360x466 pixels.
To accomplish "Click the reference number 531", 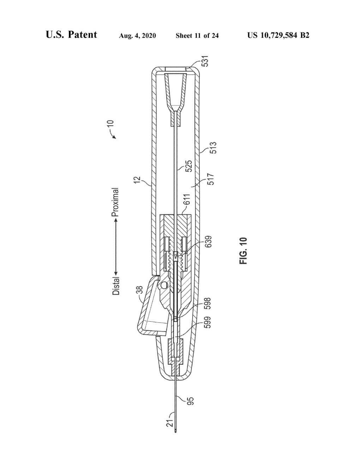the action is tap(205, 61).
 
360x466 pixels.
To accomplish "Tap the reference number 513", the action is tap(213, 148).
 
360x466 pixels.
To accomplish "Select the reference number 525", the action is tap(189, 166).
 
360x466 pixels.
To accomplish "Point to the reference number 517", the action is tap(211, 179).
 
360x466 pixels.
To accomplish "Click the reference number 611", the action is tap(187, 199).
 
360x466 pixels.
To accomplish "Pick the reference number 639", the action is tap(208, 241).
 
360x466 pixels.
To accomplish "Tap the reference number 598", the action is tap(208, 303).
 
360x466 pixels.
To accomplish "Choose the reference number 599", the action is tap(208, 322).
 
